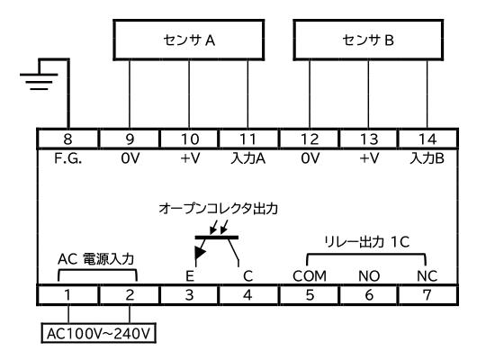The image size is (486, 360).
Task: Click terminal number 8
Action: pyautogui.click(x=67, y=139)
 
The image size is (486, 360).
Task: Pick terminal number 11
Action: pyautogui.click(x=248, y=139)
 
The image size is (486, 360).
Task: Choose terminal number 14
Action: pyautogui.click(x=427, y=139)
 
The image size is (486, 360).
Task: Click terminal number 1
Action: pyautogui.click(x=67, y=294)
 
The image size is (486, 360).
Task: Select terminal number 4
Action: pyautogui.click(x=248, y=294)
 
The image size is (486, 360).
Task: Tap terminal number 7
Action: pyautogui.click(x=427, y=294)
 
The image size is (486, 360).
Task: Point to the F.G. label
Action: pyautogui.click(x=67, y=158)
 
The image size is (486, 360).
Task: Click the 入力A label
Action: pyautogui.click(x=248, y=158)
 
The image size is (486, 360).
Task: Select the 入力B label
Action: pyautogui.click(x=427, y=158)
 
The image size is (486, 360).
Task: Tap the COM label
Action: pyautogui.click(x=310, y=276)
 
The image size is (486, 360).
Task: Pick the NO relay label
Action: pyautogui.click(x=369, y=276)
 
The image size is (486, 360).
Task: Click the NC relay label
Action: pyautogui.click(x=427, y=276)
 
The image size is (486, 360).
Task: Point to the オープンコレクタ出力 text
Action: pyautogui.click(x=218, y=209)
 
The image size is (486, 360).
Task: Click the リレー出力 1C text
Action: pyautogui.click(x=366, y=242)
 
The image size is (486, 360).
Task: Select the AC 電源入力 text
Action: pyautogui.click(x=95, y=259)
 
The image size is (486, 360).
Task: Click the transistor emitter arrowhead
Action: pyautogui.click(x=199, y=253)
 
